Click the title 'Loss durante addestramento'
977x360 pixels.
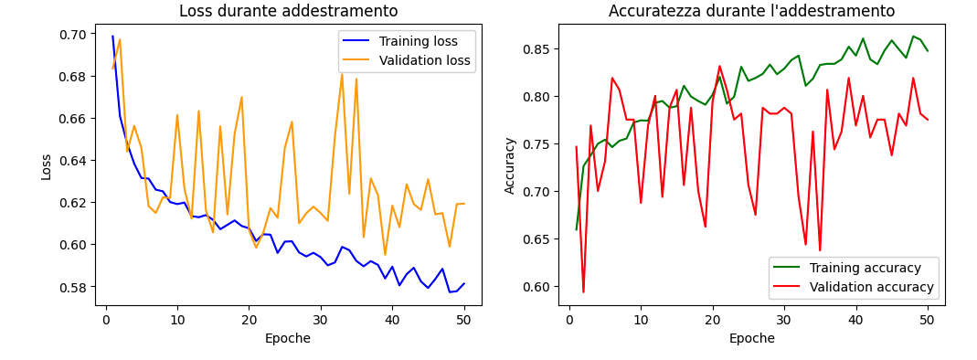[288, 12]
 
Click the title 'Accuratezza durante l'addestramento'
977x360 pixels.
[751, 12]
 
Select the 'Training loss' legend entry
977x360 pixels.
[426, 41]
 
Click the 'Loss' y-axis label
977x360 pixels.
[46, 165]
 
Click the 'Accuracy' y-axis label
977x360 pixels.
[510, 165]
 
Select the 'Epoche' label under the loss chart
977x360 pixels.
[288, 339]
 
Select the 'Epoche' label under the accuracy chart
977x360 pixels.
[751, 339]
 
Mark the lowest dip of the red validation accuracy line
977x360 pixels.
[583, 292]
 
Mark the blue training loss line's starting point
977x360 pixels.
[112, 37]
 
